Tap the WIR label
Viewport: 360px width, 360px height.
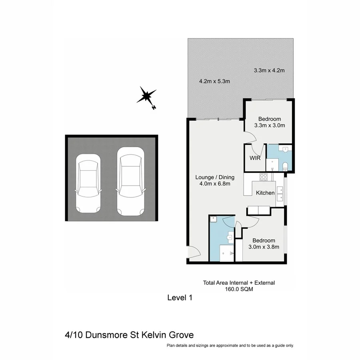click(256, 158)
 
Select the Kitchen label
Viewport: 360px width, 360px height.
click(265, 193)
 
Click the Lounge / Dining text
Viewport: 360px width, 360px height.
click(214, 177)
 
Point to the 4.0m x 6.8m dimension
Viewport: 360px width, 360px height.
click(214, 184)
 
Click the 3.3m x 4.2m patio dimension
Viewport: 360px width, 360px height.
click(269, 71)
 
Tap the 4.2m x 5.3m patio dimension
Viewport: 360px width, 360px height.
click(214, 82)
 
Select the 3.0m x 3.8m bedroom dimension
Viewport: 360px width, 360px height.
click(264, 247)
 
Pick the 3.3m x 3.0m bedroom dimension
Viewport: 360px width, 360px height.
click(269, 125)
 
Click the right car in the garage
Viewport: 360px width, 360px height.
click(130, 181)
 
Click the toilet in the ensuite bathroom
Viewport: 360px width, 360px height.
click(286, 166)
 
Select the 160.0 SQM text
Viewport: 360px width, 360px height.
click(239, 289)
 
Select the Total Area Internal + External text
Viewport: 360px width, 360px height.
click(239, 283)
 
